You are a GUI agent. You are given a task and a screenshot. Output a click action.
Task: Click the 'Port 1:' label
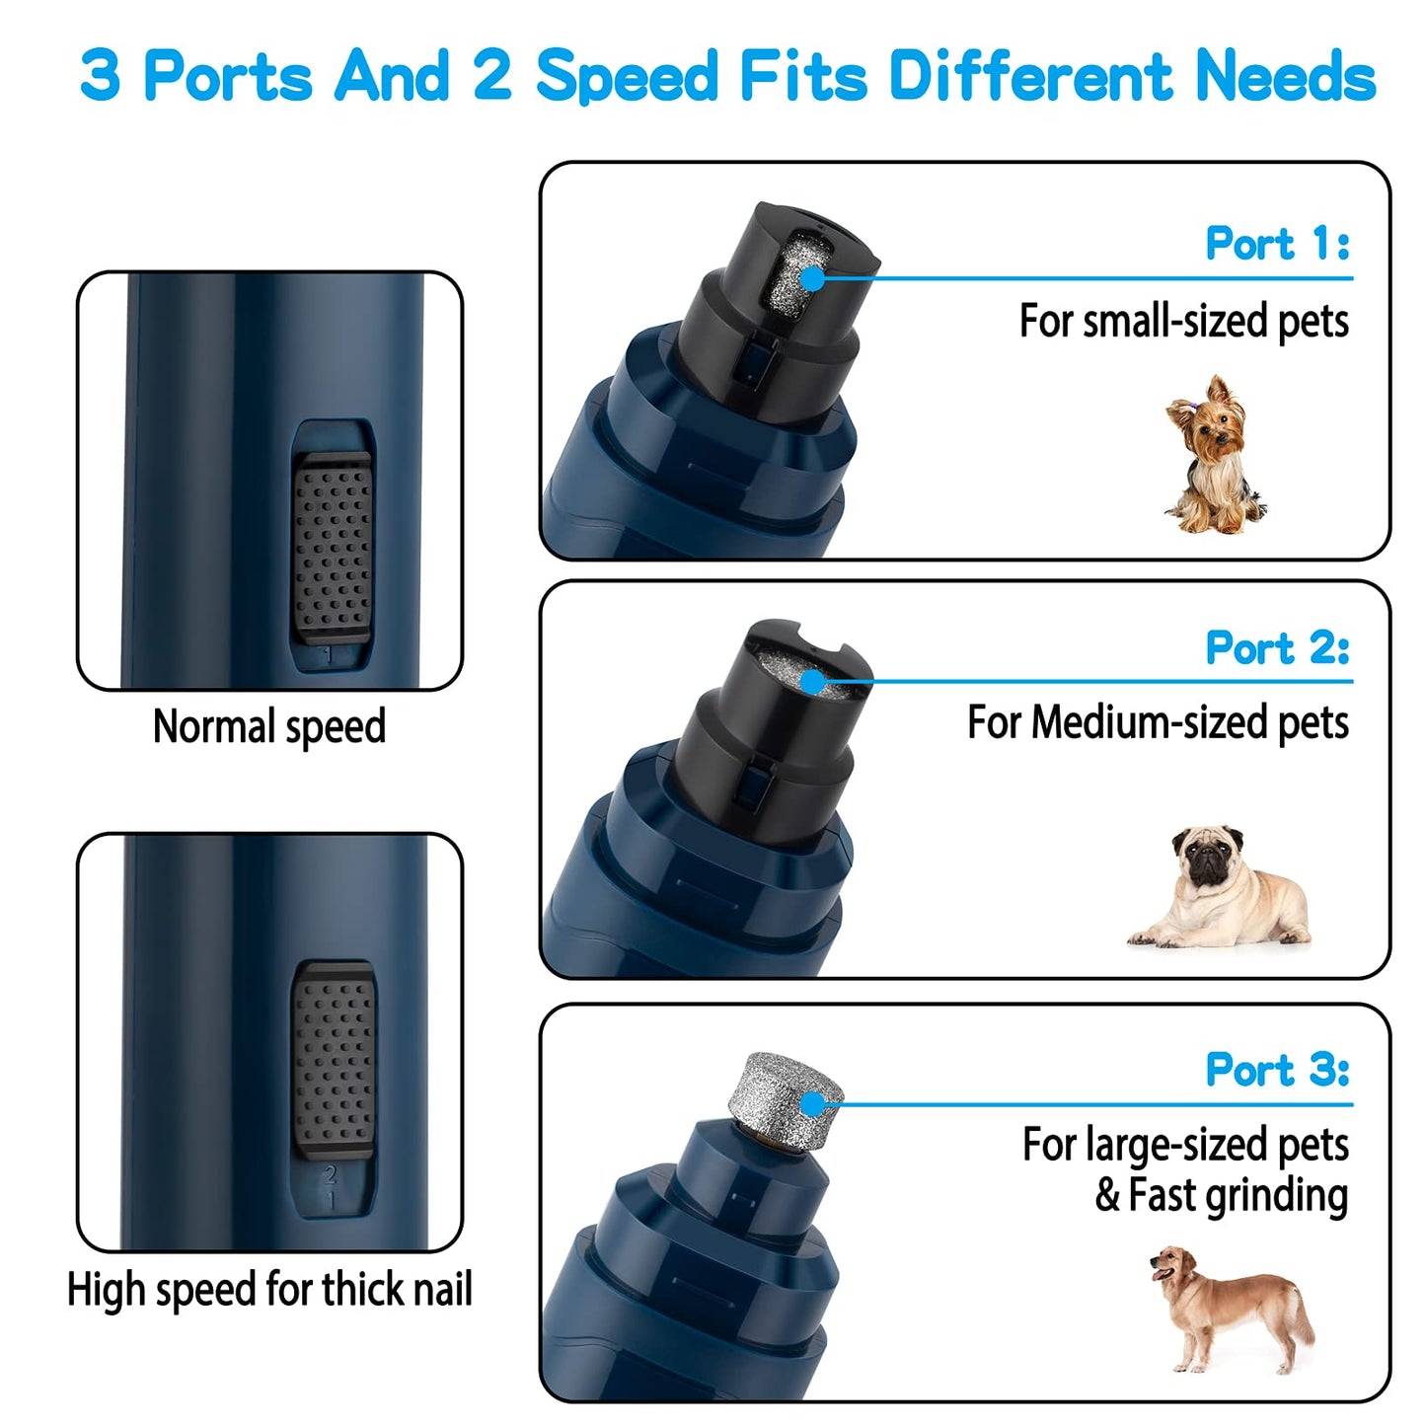[x=1277, y=244]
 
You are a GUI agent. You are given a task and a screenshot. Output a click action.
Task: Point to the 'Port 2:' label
[x=1277, y=648]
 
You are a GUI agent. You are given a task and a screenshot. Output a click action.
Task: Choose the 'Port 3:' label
[x=1277, y=1070]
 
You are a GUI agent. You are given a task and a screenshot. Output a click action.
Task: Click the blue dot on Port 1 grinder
[x=812, y=278]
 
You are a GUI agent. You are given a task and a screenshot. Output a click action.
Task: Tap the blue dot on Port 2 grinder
[x=812, y=682]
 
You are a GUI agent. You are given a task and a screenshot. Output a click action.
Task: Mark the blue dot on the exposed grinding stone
[x=812, y=1104]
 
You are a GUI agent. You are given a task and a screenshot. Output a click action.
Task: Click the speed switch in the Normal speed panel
[x=333, y=549]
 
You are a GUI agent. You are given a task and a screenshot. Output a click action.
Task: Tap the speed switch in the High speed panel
[x=334, y=1060]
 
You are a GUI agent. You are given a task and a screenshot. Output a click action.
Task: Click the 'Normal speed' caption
[x=269, y=727]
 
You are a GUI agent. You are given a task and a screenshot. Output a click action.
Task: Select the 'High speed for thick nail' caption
[x=269, y=1289]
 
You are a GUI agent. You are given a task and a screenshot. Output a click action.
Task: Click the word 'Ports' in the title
[x=228, y=76]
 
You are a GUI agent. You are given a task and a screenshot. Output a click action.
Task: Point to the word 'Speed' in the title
[x=627, y=76]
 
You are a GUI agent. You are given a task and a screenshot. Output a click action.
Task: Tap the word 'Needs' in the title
[x=1285, y=76]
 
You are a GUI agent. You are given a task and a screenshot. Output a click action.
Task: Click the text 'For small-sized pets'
[x=1183, y=322]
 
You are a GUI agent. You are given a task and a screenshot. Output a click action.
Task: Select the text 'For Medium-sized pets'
[x=1158, y=722]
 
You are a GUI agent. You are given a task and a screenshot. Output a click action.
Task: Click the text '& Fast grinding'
[x=1221, y=1195]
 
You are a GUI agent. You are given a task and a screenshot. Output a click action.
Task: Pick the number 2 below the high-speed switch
[x=331, y=1175]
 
